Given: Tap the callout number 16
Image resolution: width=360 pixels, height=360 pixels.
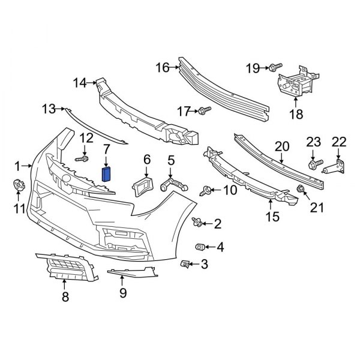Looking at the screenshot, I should (x=163, y=67).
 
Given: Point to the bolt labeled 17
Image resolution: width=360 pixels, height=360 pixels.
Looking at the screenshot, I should (x=205, y=110).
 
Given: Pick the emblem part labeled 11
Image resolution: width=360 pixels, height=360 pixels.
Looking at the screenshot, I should (x=19, y=185).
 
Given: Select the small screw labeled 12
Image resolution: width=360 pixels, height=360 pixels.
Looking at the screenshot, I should (x=82, y=160).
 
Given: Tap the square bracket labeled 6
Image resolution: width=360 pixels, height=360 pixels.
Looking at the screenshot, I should (x=142, y=185).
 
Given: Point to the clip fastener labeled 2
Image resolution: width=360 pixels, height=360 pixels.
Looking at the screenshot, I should (x=196, y=223).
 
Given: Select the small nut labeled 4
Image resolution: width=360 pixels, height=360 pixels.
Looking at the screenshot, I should (x=200, y=246).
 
